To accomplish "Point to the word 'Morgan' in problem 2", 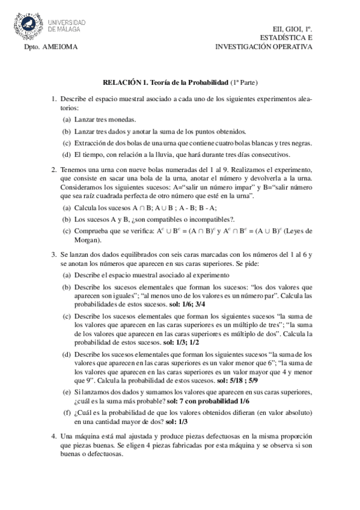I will pyautogui.click(x=87, y=238).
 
